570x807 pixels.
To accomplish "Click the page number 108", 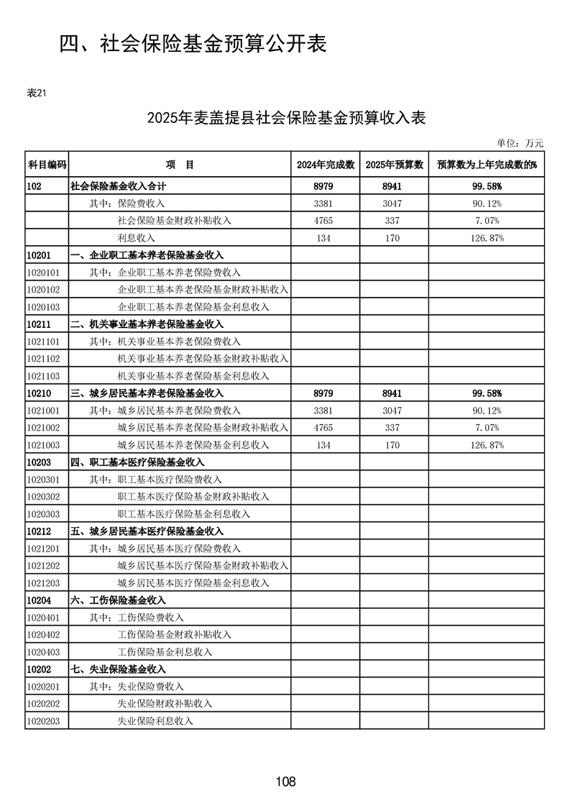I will pos(285,782).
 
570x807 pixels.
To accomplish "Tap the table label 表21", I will pos(37,93).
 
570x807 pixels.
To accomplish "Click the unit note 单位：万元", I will pos(520,143).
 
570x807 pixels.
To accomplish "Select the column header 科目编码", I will pos(47,165).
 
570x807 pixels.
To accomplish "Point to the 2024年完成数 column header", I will pos(326,165).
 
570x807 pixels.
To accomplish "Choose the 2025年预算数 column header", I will pos(394,165).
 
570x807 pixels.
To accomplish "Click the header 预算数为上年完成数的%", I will pos(487,165).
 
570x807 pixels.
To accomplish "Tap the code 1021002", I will pos(43,428).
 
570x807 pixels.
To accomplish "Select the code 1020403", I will pos(43,652).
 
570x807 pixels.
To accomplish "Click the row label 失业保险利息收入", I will pos(155,721).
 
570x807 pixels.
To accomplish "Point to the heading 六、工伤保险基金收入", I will pos(118,601).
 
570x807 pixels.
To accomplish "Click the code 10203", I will pos(38,462).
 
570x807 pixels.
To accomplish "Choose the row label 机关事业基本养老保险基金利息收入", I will pos(193,376).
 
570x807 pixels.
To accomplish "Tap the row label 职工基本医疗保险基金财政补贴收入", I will pos(193,497).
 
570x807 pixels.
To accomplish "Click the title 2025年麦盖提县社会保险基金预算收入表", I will pos(286,118).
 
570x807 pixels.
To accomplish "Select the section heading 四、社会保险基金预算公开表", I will pos(193,45).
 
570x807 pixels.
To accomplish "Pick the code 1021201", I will pos(43,549).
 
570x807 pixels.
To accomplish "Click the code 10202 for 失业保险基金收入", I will pos(38,670).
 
